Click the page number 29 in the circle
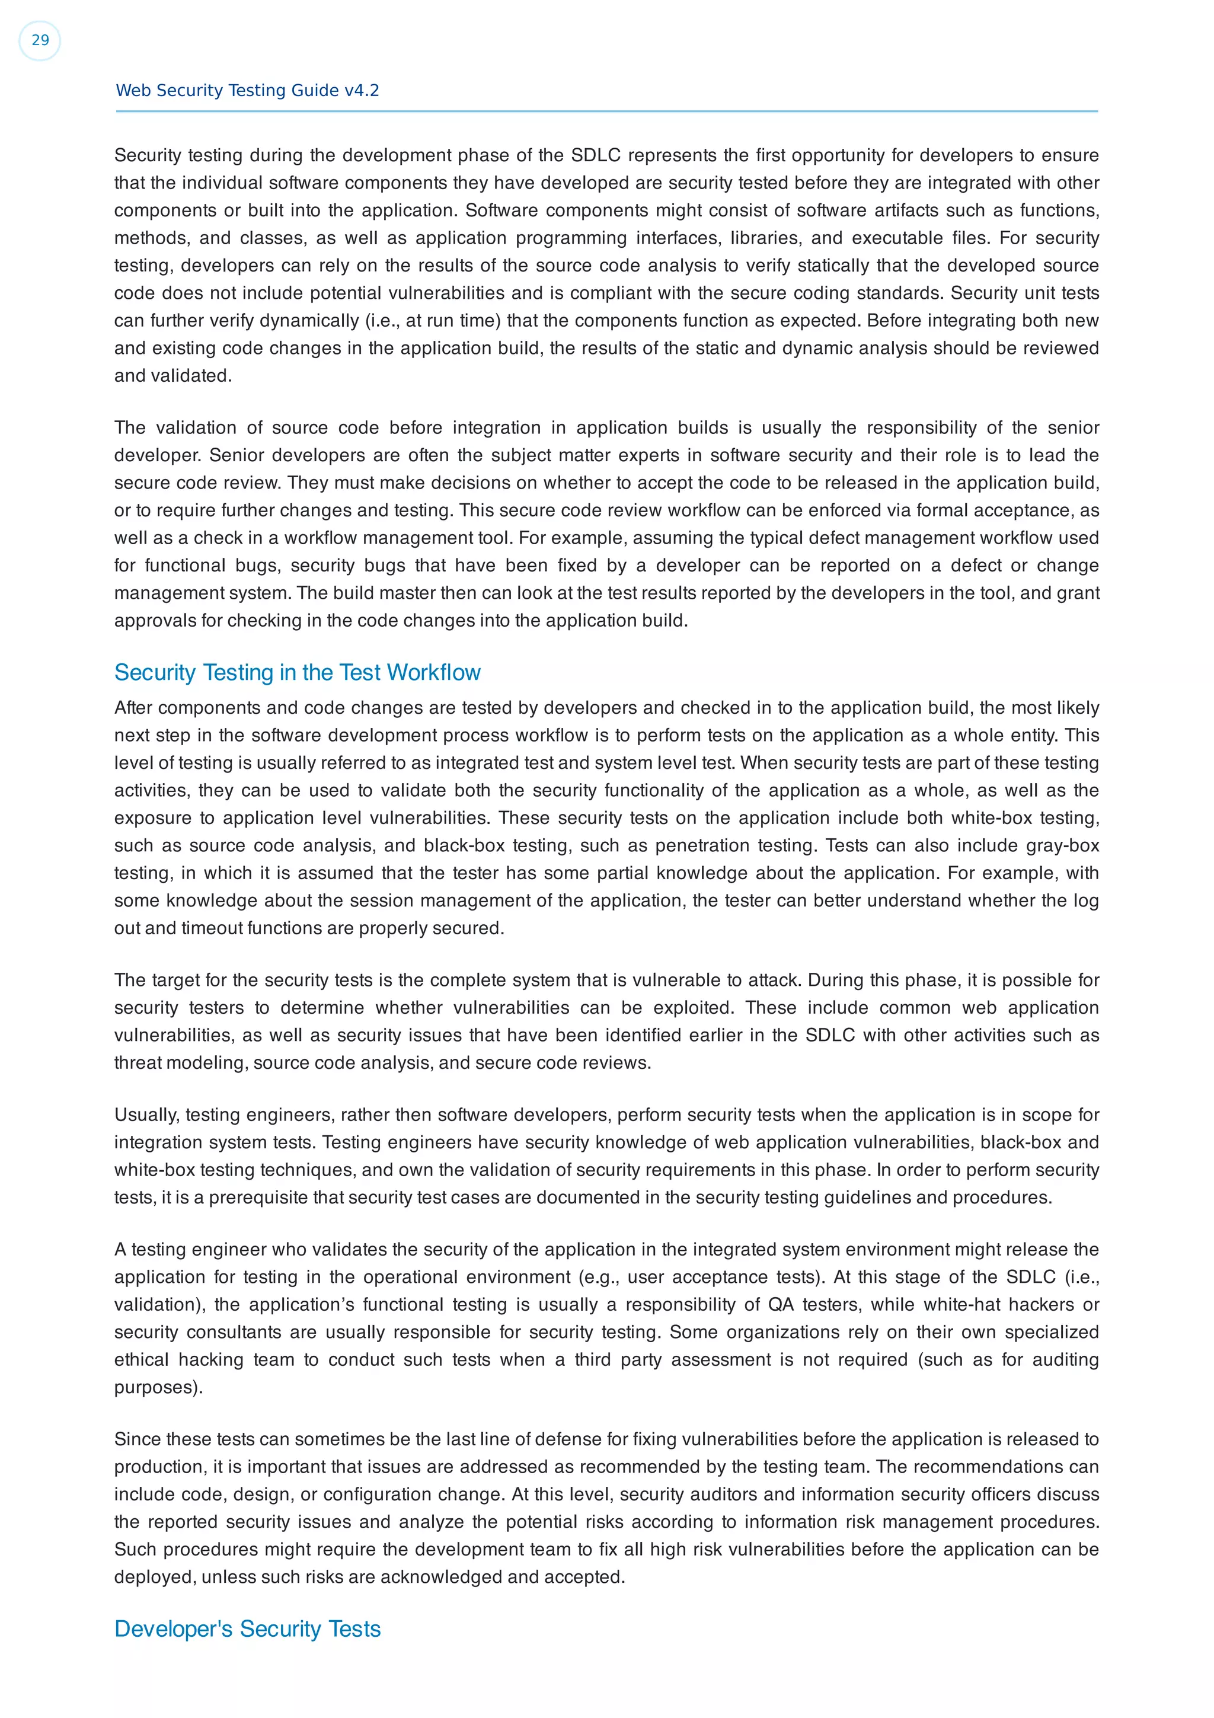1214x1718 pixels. pos(40,40)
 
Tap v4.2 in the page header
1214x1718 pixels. pos(361,91)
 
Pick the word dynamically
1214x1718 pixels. pos(309,321)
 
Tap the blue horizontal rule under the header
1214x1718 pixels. pos(606,111)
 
